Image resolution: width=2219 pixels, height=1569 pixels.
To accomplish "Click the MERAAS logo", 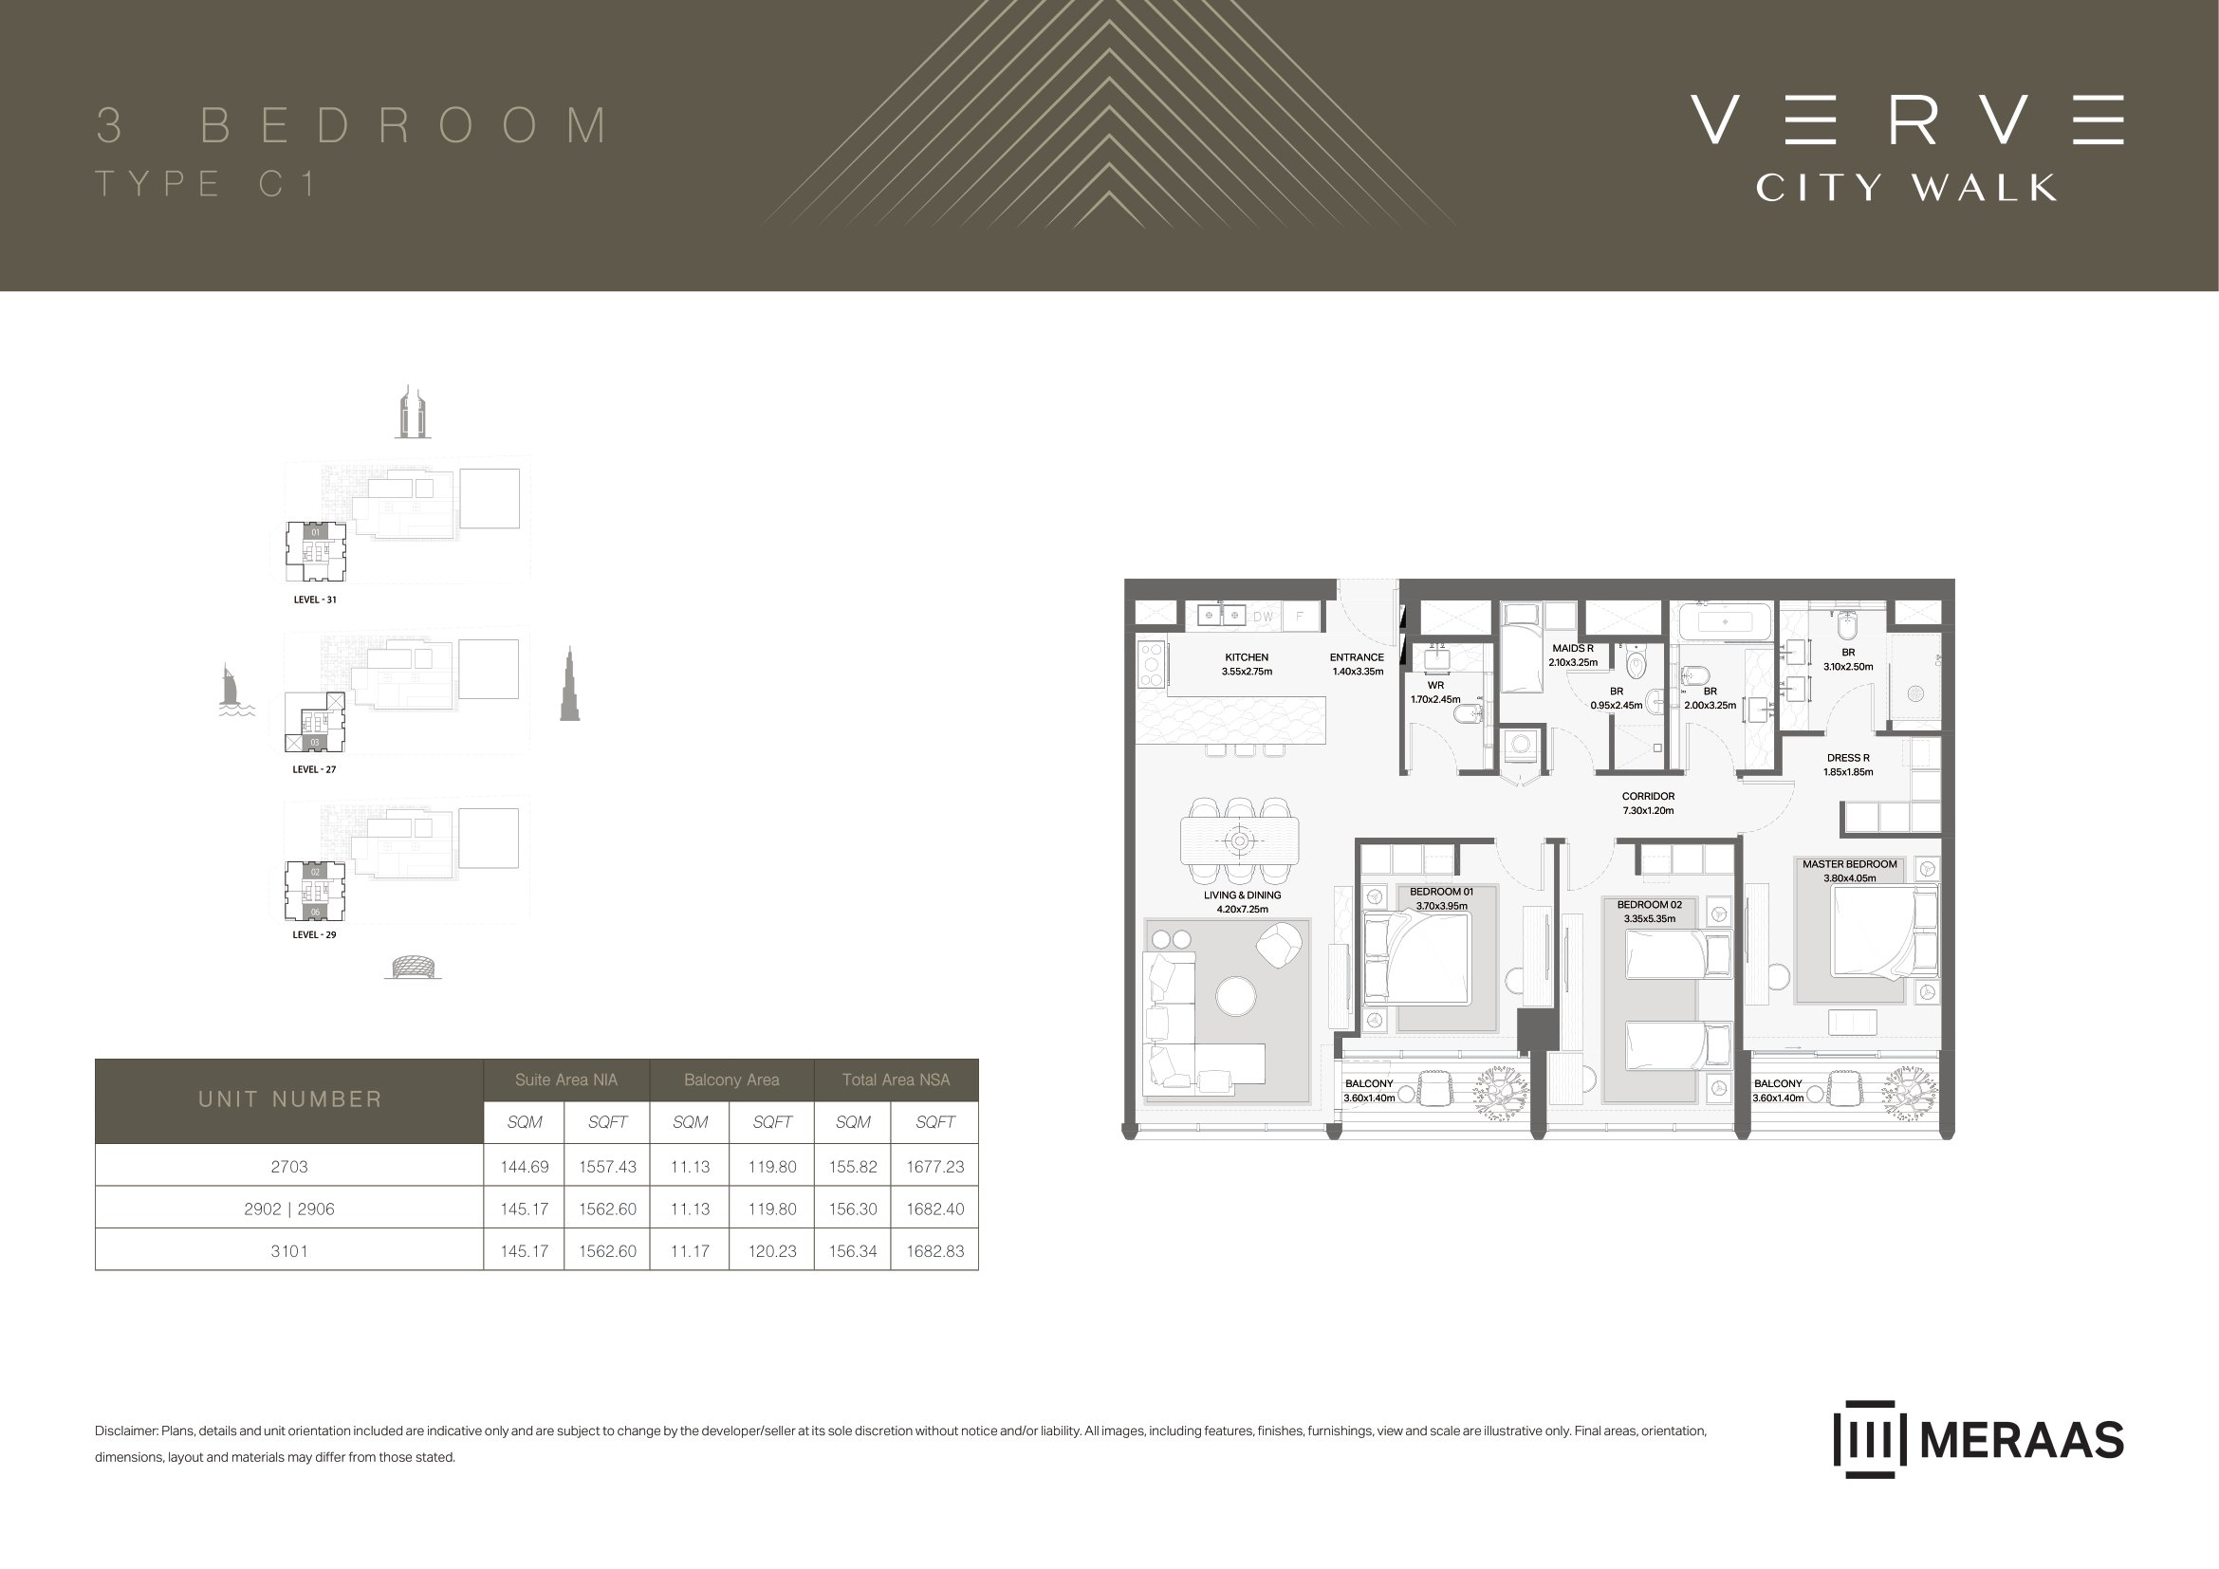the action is (x=1978, y=1440).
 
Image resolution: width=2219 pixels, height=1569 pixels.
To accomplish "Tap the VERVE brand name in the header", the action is (x=1907, y=120).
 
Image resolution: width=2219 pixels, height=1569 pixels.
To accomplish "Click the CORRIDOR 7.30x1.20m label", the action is (x=1648, y=803).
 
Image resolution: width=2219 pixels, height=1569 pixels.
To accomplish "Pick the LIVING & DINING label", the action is (x=1242, y=901).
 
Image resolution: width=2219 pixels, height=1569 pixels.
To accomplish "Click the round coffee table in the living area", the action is (x=1235, y=996).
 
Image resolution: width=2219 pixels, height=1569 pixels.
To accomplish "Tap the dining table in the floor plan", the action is (x=1239, y=840).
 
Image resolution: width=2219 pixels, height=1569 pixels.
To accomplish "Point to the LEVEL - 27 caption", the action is (x=314, y=769).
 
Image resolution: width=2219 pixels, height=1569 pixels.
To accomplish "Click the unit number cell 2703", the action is (x=289, y=1166).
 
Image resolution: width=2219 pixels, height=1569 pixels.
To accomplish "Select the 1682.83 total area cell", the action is (x=934, y=1251).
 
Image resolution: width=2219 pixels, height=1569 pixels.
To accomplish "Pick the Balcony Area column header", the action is (x=731, y=1080).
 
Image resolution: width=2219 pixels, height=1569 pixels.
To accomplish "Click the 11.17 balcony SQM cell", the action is (x=690, y=1251).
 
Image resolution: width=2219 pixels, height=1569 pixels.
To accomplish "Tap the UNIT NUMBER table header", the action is (x=290, y=1099).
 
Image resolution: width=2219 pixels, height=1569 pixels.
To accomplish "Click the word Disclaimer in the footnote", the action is (x=124, y=1431).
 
